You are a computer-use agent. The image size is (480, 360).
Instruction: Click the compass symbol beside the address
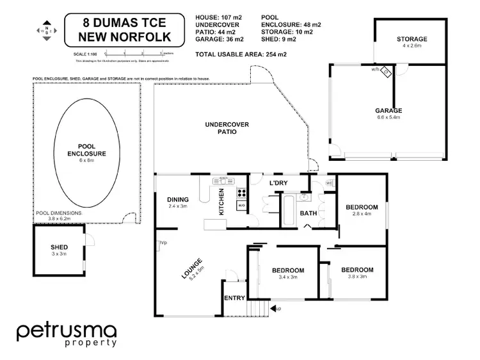46,30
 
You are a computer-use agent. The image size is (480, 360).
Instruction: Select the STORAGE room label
411,40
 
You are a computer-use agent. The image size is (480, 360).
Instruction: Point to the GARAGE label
388,111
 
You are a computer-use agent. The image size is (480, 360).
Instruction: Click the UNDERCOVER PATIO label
227,127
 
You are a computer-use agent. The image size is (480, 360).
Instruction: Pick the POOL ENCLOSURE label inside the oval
86,150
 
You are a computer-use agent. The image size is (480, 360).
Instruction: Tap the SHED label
59,247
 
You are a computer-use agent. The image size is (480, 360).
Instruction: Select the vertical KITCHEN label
221,201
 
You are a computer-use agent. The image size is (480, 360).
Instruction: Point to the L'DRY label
278,184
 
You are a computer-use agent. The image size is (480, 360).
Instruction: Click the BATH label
308,213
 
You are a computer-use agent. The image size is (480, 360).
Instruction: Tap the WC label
329,183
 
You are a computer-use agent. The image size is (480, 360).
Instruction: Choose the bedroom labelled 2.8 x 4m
362,208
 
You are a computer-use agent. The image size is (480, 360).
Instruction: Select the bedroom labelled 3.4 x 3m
287,270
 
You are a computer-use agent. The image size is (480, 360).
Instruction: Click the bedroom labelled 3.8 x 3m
356,270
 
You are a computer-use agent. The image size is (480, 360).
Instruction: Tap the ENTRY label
234,299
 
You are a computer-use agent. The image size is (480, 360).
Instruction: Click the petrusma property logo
67,335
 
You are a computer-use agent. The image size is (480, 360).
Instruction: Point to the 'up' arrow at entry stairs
276,309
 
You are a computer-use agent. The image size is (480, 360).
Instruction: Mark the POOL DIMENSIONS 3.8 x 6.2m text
56,215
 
